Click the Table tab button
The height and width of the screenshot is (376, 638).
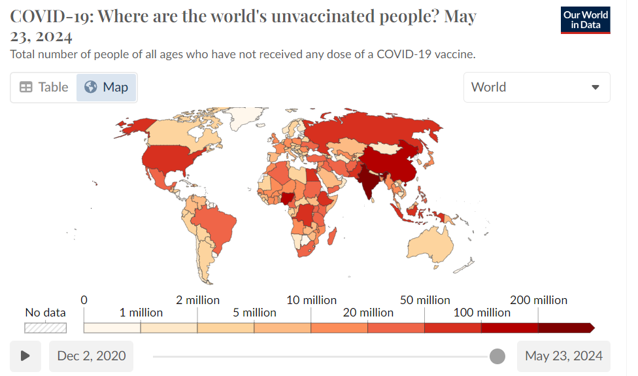pos(44,87)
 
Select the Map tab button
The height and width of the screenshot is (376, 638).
pos(106,87)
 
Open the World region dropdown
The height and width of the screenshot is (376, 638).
pos(537,87)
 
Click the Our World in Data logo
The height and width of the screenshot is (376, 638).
pos(586,20)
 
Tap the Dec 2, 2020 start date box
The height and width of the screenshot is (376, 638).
pos(91,356)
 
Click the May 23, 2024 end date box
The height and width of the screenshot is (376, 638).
pos(563,356)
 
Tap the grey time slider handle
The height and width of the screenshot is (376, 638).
pos(497,356)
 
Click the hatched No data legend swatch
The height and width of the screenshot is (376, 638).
pos(45,328)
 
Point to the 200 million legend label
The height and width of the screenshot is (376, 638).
pos(539,300)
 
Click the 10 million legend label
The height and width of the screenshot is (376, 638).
pos(311,300)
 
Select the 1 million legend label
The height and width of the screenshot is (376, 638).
pos(141,313)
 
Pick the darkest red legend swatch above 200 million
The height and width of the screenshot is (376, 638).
pos(566,328)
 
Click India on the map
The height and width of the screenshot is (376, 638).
pos(369,180)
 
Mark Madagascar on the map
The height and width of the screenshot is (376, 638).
pos(332,237)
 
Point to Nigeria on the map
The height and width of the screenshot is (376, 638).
pos(288,198)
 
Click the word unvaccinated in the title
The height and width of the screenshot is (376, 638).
pos(324,17)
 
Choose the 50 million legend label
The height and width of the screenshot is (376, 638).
pos(425,300)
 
